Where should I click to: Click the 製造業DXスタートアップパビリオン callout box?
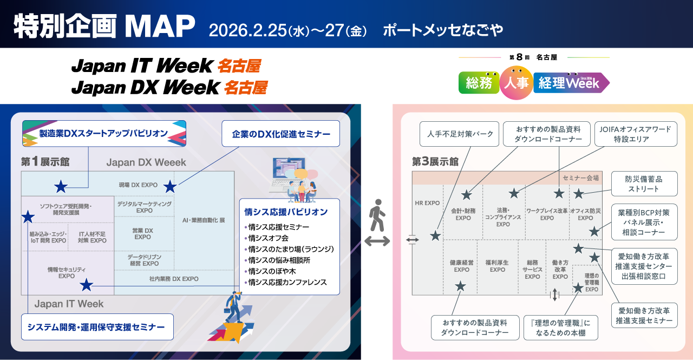104,133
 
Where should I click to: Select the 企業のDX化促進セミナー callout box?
281,133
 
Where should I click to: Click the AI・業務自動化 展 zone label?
204,221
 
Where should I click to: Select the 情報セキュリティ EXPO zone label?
67,273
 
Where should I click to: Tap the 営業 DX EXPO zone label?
143,234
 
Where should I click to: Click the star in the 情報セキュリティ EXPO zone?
86,285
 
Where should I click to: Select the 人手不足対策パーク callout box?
460,134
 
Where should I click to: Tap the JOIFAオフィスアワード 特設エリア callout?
635,134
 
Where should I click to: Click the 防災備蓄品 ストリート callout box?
644,184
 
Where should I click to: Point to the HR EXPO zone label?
427,203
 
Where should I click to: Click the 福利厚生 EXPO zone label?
497,266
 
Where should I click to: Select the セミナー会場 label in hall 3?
580,178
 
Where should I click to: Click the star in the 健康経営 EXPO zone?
460,286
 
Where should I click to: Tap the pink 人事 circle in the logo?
516,83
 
